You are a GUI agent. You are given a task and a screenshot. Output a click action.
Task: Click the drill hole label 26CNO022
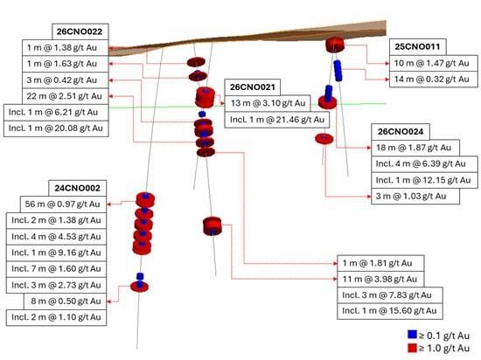pyautogui.click(x=80, y=31)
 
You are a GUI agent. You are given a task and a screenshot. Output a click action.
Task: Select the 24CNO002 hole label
pyautogui.click(x=78, y=188)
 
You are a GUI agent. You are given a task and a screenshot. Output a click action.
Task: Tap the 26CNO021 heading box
pyautogui.click(x=252, y=87)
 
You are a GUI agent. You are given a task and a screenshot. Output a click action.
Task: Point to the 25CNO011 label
pyautogui.click(x=417, y=47)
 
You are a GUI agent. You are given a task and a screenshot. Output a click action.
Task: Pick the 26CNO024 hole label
pyautogui.click(x=401, y=132)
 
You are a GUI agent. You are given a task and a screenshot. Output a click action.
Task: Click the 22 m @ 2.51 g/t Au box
pyautogui.click(x=66, y=96)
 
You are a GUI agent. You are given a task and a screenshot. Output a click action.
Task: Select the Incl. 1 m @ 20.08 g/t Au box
pyautogui.click(x=56, y=128)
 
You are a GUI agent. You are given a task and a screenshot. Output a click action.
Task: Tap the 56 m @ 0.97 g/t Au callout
pyautogui.click(x=63, y=204)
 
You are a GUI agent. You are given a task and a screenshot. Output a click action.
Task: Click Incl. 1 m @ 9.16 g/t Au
pyautogui.click(x=57, y=253)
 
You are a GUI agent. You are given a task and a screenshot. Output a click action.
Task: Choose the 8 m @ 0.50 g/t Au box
pyautogui.click(x=66, y=301)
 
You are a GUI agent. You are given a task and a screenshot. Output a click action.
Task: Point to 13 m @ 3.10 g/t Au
pyautogui.click(x=268, y=103)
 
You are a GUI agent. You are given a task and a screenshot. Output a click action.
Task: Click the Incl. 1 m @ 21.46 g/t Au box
pyautogui.click(x=277, y=120)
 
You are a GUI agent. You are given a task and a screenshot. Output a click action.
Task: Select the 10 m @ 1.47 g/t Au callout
pyautogui.click(x=434, y=63)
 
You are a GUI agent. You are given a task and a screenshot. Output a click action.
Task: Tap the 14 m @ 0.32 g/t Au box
pyautogui.click(x=434, y=80)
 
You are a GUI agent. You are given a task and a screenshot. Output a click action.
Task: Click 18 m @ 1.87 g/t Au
pyautogui.click(x=415, y=148)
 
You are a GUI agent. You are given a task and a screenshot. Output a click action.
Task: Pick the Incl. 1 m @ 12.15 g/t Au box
pyautogui.click(x=424, y=180)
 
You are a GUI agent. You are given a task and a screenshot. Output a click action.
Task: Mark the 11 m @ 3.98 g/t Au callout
pyautogui.click(x=380, y=279)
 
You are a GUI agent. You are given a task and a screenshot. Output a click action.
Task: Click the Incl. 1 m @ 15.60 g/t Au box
pyautogui.click(x=390, y=311)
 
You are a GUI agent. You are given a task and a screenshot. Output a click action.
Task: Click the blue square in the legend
pyautogui.click(x=412, y=335)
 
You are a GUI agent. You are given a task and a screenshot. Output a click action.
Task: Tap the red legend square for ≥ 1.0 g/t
pyautogui.click(x=412, y=348)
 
